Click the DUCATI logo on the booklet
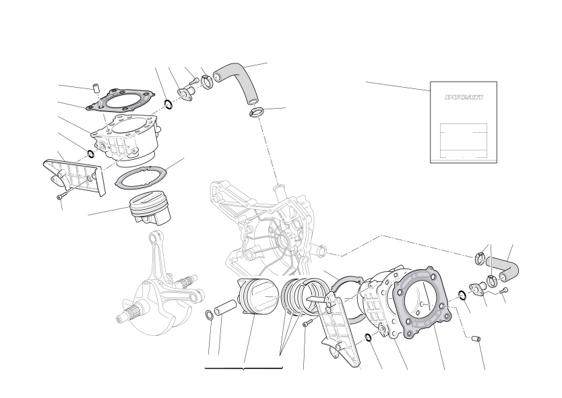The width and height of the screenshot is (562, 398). (x=464, y=97)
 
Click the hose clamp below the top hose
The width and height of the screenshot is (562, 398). (x=256, y=112)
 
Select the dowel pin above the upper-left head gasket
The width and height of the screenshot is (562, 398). (x=96, y=88)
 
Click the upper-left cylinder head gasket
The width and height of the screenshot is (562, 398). (x=121, y=98)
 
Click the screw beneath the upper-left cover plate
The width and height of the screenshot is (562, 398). (x=61, y=196)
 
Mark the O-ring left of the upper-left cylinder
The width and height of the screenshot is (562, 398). (x=90, y=154)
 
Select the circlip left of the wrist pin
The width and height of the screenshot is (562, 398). (x=210, y=315)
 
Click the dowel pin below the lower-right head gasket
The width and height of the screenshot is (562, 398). (x=476, y=339)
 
